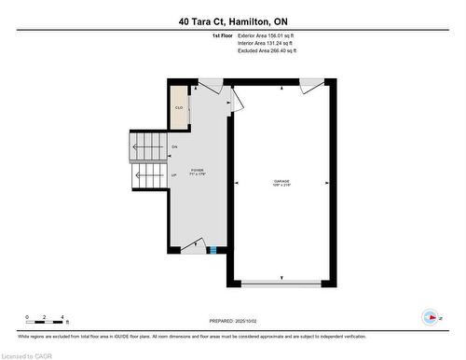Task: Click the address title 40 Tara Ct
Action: (232, 21)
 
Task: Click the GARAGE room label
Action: (281, 184)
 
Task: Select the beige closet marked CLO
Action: (179, 106)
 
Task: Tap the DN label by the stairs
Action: (174, 147)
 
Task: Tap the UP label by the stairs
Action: (174, 174)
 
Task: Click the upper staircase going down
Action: (146, 145)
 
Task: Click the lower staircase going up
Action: (148, 174)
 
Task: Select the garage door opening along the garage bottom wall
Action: (281, 283)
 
